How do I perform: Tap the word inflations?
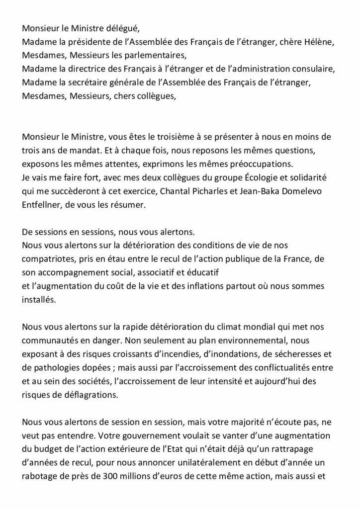(x=226, y=287)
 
